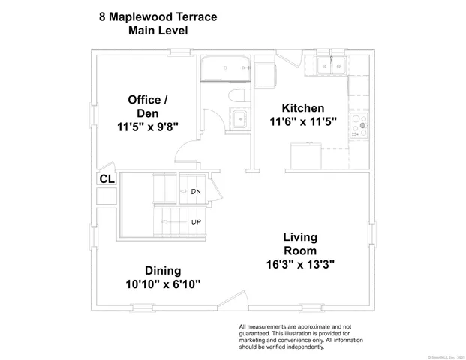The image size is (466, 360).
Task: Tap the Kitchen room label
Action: pyautogui.click(x=302, y=108)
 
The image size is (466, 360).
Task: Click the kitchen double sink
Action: pyautogui.click(x=329, y=66)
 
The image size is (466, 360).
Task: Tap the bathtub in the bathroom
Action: pyautogui.click(x=226, y=69)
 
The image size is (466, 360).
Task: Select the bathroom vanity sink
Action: pyautogui.click(x=239, y=118)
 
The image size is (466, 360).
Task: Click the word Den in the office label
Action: pyautogui.click(x=147, y=113)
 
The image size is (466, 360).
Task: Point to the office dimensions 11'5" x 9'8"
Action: pyautogui.click(x=147, y=127)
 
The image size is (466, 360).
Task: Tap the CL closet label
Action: pyautogui.click(x=107, y=179)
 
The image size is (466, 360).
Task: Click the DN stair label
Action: pyautogui.click(x=196, y=192)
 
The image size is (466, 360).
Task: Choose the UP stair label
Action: pyautogui.click(x=196, y=222)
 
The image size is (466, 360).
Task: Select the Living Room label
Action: pyautogui.click(x=299, y=244)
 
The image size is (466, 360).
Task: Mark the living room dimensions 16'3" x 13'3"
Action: pyautogui.click(x=299, y=264)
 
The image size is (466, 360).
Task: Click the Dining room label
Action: pyautogui.click(x=163, y=270)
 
